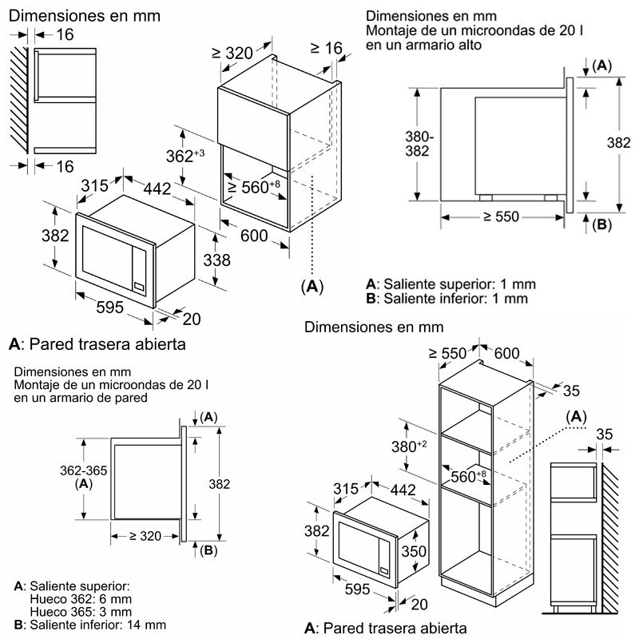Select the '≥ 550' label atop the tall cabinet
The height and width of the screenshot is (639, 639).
(447, 352)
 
